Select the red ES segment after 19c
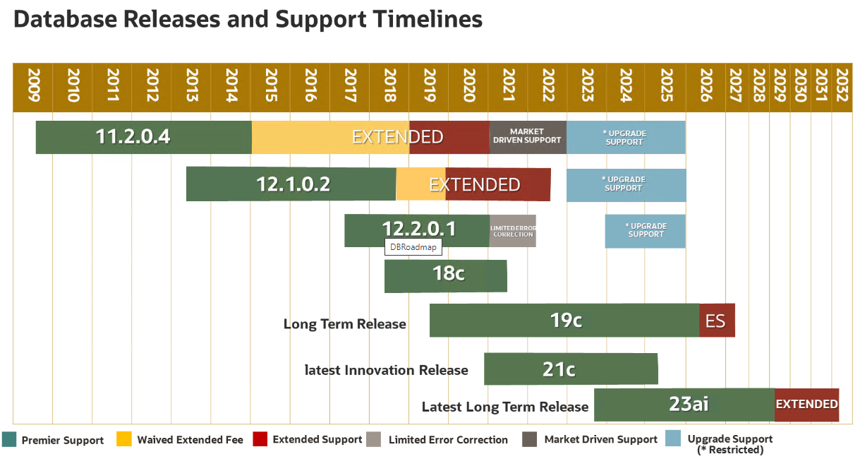[x=717, y=321]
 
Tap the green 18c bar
[x=446, y=275]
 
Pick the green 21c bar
[x=571, y=369]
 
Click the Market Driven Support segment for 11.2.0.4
[x=527, y=137]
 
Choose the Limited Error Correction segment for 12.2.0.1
[x=513, y=231]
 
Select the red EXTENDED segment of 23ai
[x=806, y=405]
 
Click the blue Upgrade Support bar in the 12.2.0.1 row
[x=645, y=231]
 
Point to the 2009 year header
[x=32, y=87]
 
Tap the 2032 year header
[x=842, y=87]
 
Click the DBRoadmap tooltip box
[x=413, y=247]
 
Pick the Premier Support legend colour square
[x=9, y=439]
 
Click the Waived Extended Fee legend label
[x=190, y=440]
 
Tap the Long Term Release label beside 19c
[x=344, y=324]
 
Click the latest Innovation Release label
[x=386, y=370]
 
